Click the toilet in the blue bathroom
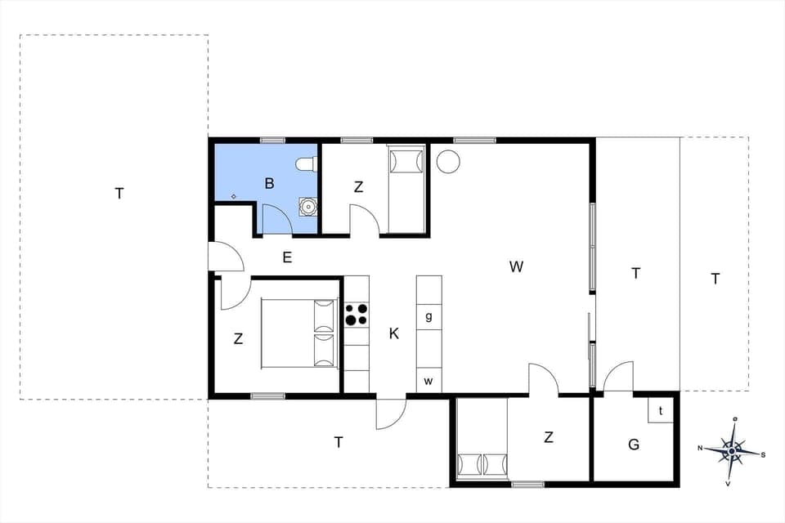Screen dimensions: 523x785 [307, 164]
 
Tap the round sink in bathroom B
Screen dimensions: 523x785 [307, 207]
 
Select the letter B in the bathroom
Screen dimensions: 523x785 [269, 184]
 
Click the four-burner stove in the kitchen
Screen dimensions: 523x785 [357, 315]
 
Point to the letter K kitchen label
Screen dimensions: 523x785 [394, 333]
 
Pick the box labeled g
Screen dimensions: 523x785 [428, 316]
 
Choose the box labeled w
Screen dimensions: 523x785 [428, 381]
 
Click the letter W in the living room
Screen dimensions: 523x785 [516, 266]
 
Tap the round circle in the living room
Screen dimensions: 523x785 [448, 162]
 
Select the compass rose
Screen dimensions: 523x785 [733, 449]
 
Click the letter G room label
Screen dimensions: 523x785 [634, 445]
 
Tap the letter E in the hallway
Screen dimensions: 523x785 [287, 257]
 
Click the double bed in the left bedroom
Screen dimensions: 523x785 [299, 333]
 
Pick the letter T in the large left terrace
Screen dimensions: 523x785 [119, 194]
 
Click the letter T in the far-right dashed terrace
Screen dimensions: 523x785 [715, 279]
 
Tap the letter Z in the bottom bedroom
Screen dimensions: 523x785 [549, 438]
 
